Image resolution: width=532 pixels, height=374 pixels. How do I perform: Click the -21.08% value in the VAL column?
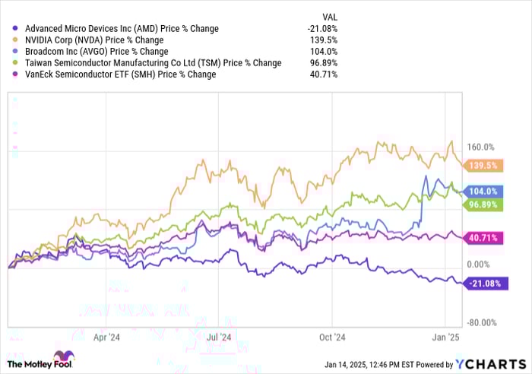322,29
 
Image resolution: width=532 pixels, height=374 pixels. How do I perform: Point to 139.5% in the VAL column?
325,40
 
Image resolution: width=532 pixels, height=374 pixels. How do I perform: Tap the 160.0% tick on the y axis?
480,147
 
